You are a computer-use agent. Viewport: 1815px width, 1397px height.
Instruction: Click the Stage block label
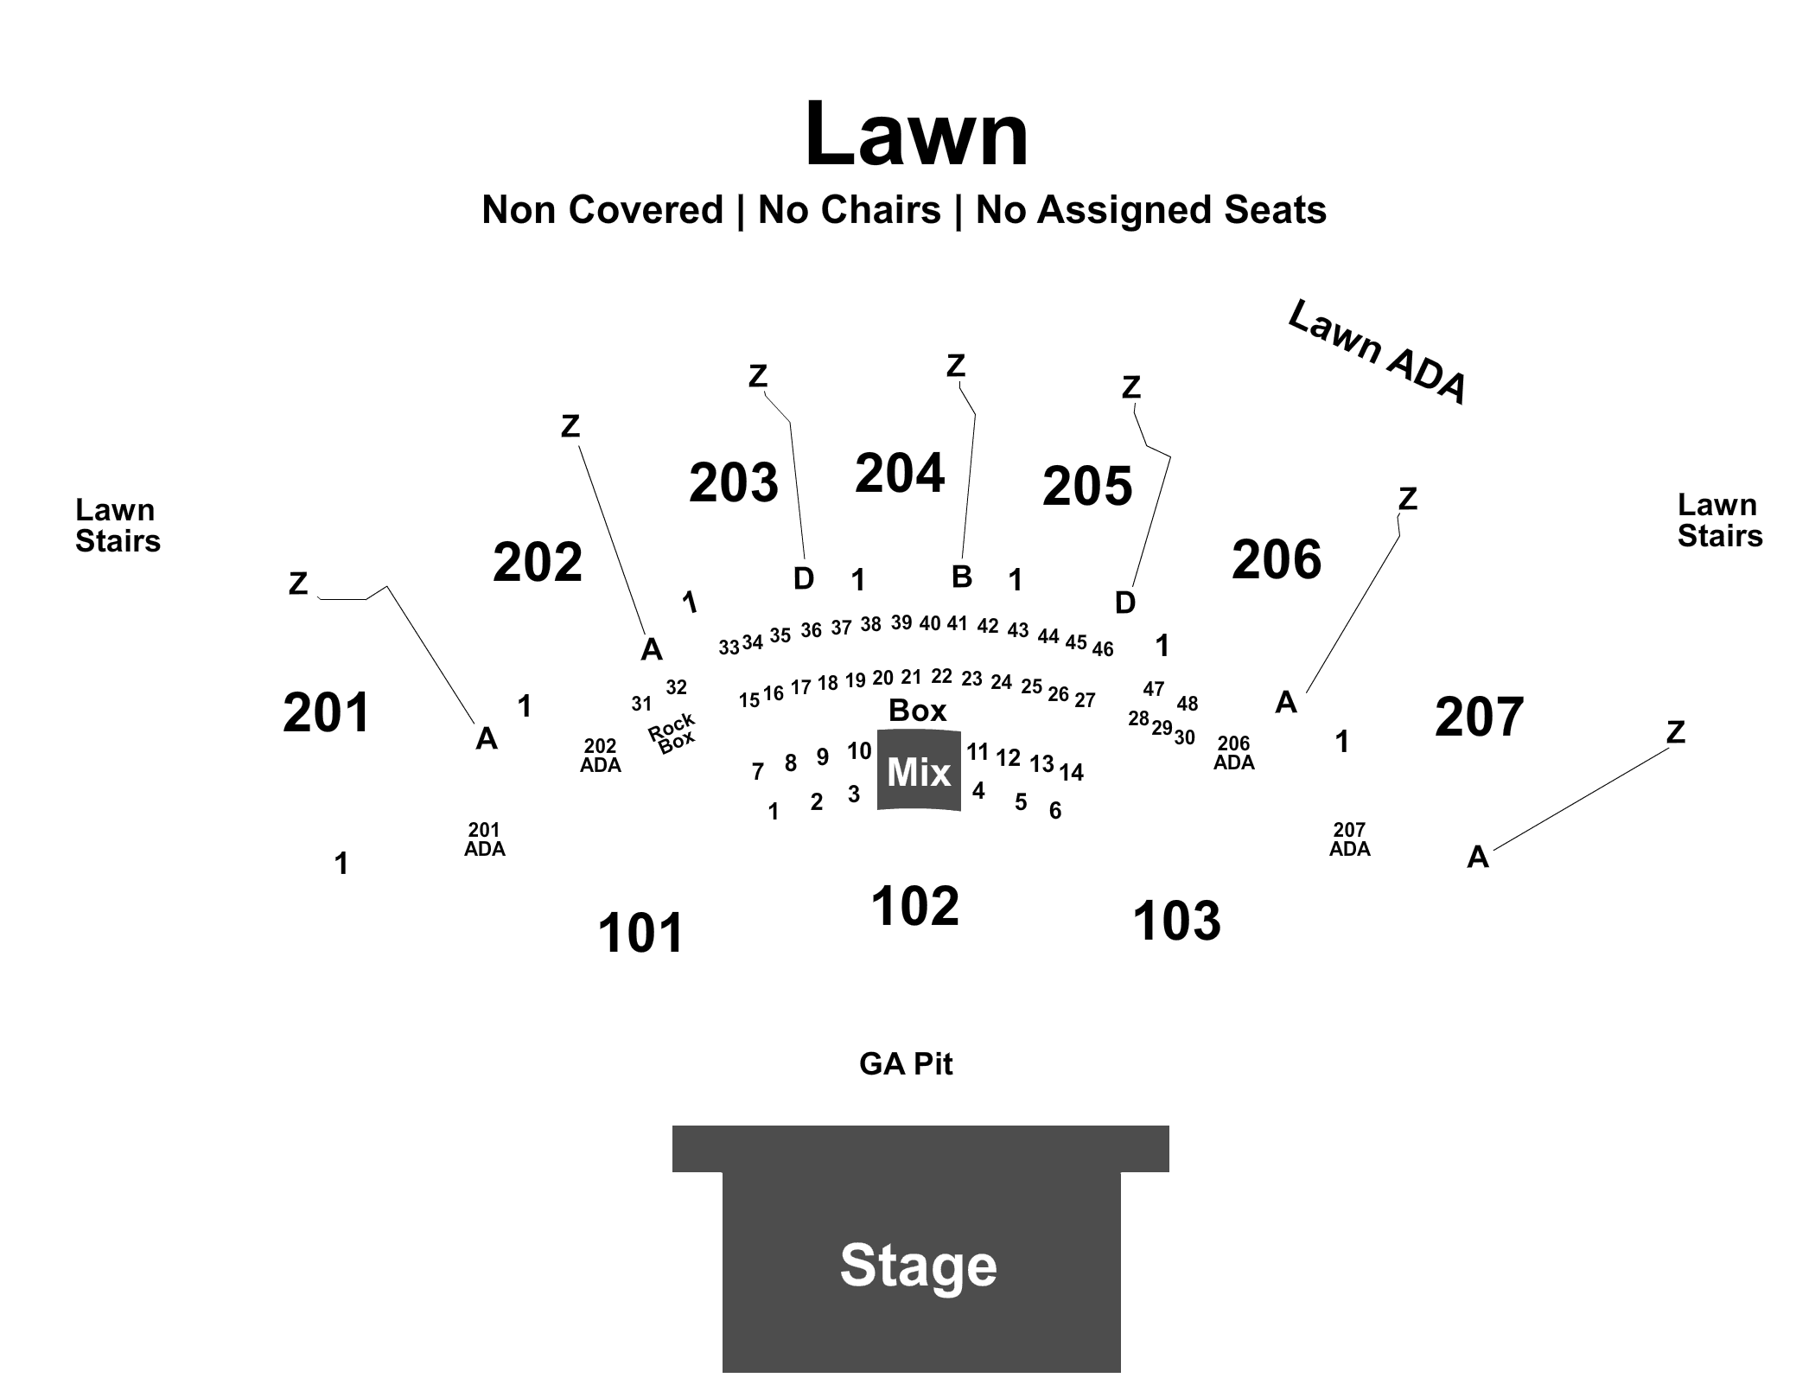coord(919,1265)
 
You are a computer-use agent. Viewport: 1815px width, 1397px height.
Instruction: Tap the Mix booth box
coord(919,770)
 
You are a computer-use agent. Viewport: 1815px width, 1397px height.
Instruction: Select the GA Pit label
coord(906,1063)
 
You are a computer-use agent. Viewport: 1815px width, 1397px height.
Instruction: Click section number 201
coord(327,713)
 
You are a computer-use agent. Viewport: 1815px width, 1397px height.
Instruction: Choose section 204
coord(900,473)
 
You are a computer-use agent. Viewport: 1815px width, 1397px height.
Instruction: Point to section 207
coord(1479,717)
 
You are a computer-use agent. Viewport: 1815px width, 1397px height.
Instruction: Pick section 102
coord(915,906)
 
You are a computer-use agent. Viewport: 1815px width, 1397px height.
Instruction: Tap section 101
coord(641,933)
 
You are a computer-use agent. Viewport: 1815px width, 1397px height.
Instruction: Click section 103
coord(1177,920)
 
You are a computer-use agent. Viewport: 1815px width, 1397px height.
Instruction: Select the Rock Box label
coord(672,733)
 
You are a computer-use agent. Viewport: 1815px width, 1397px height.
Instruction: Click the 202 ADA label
coord(601,756)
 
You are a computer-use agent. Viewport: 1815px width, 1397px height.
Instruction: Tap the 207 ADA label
coord(1350,839)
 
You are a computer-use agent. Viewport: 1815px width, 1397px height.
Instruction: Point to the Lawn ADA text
coord(1378,352)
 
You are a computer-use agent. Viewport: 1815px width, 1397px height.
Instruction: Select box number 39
coord(901,622)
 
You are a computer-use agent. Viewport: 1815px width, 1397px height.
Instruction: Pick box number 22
coord(941,676)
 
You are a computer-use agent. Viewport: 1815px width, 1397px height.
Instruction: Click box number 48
coord(1188,704)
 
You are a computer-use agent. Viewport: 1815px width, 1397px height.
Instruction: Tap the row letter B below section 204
coord(962,577)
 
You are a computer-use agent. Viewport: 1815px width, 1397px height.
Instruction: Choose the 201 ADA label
coord(485,839)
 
